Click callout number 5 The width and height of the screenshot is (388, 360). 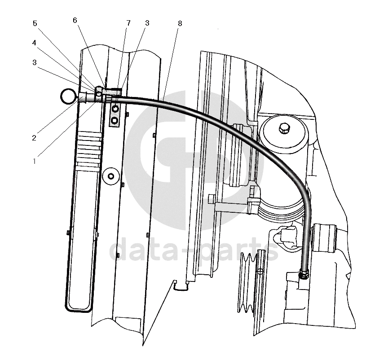(x=35, y=23)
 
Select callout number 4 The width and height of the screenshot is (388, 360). (x=35, y=44)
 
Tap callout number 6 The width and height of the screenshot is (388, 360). (x=75, y=20)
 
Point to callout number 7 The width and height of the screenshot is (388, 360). (x=128, y=23)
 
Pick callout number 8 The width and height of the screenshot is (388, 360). (x=180, y=23)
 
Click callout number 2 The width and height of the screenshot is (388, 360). (x=34, y=138)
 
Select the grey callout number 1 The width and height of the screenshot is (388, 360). (x=34, y=160)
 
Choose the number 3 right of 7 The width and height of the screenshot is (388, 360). (x=147, y=23)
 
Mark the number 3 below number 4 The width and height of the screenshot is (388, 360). (x=35, y=63)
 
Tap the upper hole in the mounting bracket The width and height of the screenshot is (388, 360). (x=116, y=109)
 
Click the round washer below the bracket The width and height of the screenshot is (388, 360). (x=110, y=176)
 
